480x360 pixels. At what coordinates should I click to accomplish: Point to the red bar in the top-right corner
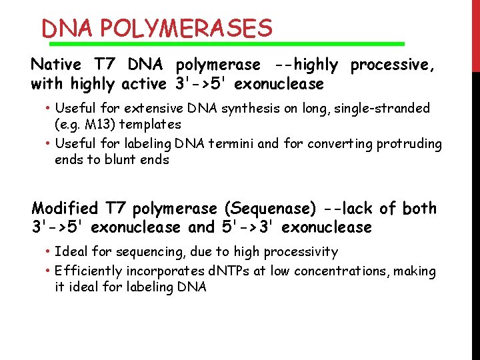475,33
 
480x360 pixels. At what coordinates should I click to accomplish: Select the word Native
56,65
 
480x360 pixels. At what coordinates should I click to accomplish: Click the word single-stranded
386,108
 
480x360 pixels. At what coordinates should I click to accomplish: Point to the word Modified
65,209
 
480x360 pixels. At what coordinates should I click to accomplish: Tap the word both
419,209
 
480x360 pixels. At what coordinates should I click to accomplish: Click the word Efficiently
89,272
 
